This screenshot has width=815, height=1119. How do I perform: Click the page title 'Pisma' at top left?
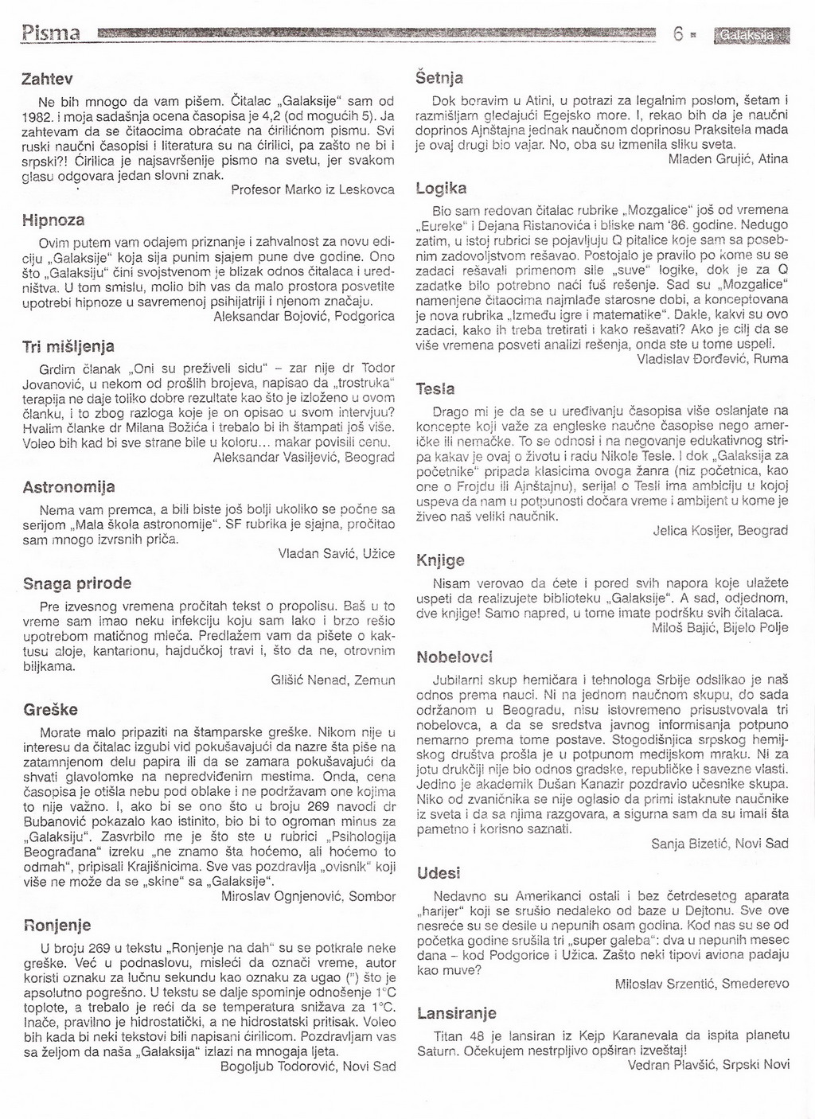pos(49,34)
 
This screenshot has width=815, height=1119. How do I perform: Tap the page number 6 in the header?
pos(678,35)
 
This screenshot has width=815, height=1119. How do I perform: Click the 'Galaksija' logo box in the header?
pos(752,36)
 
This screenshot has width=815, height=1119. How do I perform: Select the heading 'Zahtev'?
pos(47,80)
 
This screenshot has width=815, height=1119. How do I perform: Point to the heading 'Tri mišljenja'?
pos(68,346)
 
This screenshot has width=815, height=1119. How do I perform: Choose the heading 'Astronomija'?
pos(68,486)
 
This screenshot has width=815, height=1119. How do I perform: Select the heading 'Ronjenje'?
pos(57,925)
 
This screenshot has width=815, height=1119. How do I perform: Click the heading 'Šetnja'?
pos(439,78)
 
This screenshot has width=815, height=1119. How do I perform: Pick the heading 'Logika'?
pos(441,189)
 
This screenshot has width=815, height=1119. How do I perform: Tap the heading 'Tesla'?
pos(435,389)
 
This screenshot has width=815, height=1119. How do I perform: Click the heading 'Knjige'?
pos(440,560)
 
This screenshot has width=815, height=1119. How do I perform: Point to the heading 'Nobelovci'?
pos(455,657)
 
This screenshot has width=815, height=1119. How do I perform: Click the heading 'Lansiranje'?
pos(457,1013)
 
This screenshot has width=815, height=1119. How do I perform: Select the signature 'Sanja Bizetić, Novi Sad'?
pos(719,843)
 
